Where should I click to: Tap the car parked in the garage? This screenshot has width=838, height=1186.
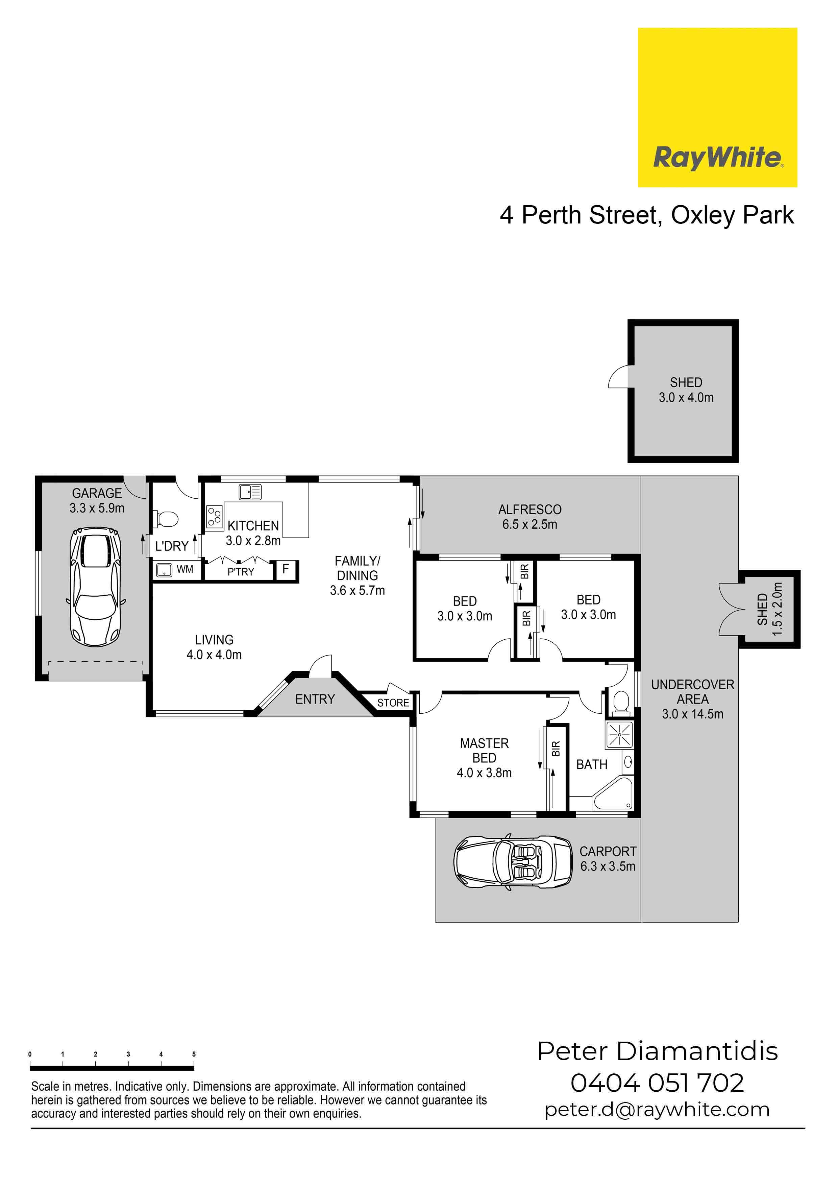96,587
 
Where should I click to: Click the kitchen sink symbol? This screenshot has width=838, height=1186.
250,492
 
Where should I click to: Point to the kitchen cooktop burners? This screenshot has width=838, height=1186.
214,517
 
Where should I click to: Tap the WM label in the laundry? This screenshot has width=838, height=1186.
185,569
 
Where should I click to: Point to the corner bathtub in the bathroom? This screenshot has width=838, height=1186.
613,794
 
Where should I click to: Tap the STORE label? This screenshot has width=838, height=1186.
393,703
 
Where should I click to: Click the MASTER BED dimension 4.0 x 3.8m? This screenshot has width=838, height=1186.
484,773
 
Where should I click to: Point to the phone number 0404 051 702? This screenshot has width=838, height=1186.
657,1084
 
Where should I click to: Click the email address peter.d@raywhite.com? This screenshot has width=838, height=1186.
657,1110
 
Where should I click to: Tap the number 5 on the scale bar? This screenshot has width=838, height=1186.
194,1054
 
